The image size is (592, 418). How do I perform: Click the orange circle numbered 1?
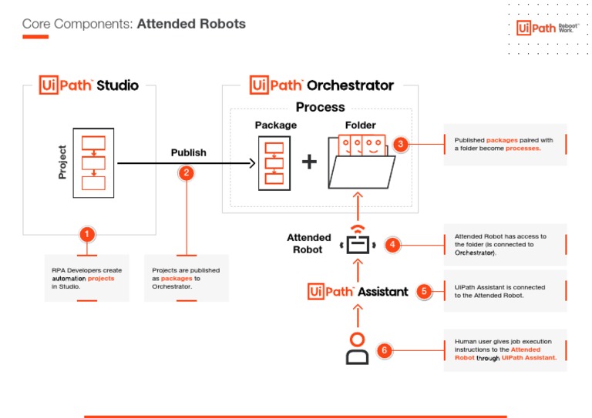pos(87,233)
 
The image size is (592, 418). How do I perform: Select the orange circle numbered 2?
pos(185,172)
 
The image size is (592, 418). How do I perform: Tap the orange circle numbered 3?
pos(399,144)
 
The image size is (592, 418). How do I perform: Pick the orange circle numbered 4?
pos(392,245)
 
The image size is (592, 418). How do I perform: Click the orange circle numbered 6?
pos(385,350)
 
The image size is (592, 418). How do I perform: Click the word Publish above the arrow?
pos(188,152)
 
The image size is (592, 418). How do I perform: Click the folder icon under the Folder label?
pos(361,162)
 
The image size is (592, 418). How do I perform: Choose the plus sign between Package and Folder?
pos(308,162)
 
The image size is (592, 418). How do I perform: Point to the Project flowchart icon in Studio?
pos(92,162)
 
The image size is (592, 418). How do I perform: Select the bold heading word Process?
pos(320,107)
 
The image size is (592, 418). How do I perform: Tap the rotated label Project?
pos(62,162)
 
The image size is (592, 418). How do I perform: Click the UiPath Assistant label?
pos(358,291)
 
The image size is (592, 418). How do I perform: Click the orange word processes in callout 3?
pos(524,148)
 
